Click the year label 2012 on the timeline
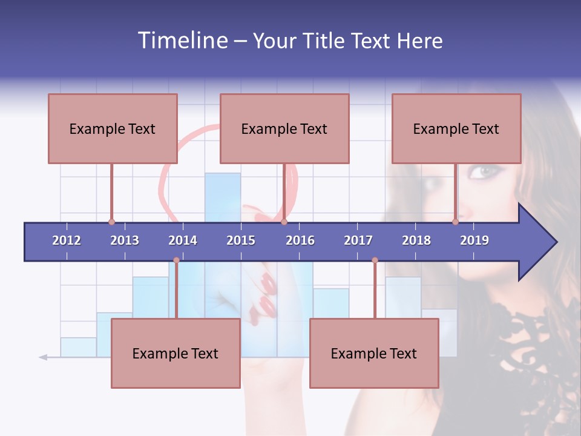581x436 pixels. [67, 240]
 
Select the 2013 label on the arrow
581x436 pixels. [125, 240]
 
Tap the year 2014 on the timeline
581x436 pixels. [183, 240]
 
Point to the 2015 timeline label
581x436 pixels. [241, 240]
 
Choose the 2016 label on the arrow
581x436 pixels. [300, 240]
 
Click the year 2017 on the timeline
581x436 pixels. [358, 240]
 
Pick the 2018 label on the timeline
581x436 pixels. [416, 240]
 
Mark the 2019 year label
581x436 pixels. [474, 240]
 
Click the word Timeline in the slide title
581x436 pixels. [181, 41]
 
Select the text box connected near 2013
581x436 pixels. [113, 128]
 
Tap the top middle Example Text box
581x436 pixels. [284, 128]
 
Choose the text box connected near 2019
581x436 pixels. [456, 128]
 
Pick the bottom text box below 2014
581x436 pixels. [176, 353]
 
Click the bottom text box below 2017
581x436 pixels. [374, 353]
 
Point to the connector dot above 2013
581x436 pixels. [111, 222]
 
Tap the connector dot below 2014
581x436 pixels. [176, 260]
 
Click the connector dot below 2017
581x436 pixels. [375, 260]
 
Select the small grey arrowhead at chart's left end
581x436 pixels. [43, 357]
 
